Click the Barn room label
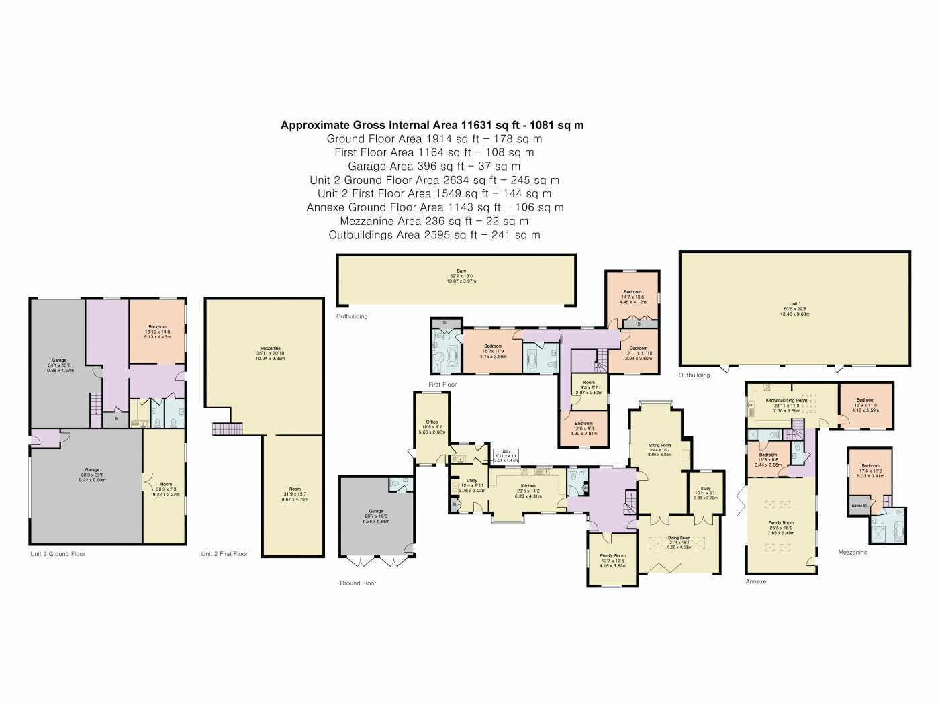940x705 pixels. pyautogui.click(x=461, y=276)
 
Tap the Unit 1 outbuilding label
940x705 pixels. pyautogui.click(x=794, y=308)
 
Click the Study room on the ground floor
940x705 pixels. pyautogui.click(x=705, y=493)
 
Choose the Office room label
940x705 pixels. pyautogui.click(x=432, y=427)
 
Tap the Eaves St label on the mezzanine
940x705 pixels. pyautogui.click(x=859, y=506)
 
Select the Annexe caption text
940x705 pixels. pyautogui.click(x=756, y=581)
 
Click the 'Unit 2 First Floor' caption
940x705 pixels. pyautogui.click(x=224, y=554)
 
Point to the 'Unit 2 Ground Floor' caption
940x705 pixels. pyautogui.click(x=58, y=554)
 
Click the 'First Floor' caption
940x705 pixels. pyautogui.click(x=442, y=385)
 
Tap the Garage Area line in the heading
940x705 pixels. pyautogui.click(x=434, y=166)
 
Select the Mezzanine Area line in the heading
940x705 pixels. pyautogui.click(x=434, y=221)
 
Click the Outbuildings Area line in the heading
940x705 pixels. pyautogui.click(x=434, y=235)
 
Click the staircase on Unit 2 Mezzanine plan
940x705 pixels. pyautogui.click(x=227, y=428)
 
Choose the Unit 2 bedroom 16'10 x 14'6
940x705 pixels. pyautogui.click(x=157, y=331)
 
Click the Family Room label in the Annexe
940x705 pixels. pyautogui.click(x=781, y=526)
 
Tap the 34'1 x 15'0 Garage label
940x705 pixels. pyautogui.click(x=59, y=365)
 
